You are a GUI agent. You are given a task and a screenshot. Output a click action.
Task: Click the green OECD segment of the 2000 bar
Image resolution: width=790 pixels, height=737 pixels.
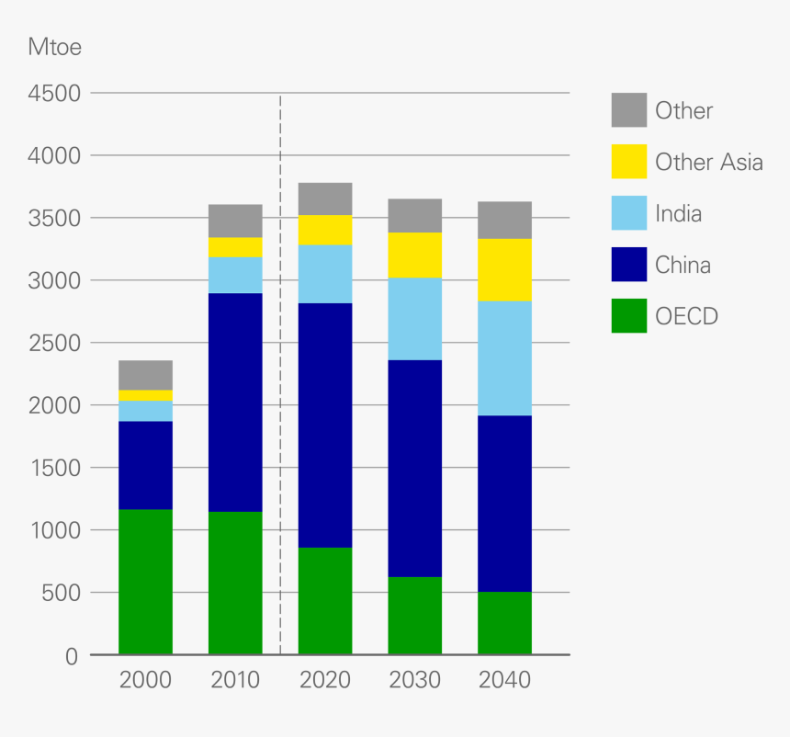[145, 582]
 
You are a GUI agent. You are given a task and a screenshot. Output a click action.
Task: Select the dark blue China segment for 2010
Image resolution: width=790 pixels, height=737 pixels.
[235, 403]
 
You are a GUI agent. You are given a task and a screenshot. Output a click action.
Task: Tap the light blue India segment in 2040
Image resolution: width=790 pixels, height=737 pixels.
[504, 358]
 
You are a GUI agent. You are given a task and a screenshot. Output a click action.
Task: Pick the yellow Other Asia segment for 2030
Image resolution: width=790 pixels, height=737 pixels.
[414, 255]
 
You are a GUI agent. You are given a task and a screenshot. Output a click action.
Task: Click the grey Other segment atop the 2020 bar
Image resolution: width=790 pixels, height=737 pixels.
[325, 198]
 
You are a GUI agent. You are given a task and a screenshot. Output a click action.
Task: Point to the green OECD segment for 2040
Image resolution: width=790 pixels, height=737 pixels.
[504, 623]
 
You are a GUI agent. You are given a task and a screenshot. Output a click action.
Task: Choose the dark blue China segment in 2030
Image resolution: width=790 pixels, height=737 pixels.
[414, 469]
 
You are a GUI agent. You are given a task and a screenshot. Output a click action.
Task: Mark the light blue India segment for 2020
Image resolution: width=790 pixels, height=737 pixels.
[325, 274]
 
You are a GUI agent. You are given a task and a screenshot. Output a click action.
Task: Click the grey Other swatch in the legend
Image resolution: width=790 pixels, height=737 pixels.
[629, 110]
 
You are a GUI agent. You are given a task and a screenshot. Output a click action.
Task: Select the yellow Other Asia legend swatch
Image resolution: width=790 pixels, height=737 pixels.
[629, 162]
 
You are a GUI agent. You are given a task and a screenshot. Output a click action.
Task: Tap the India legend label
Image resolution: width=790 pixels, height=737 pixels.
[678, 214]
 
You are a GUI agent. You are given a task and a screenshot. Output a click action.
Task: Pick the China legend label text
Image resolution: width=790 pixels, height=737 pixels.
[683, 266]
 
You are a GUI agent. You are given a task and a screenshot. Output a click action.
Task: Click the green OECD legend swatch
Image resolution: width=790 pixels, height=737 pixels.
[629, 317]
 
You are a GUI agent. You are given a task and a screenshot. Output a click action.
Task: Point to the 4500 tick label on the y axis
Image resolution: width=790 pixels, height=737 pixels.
[56, 94]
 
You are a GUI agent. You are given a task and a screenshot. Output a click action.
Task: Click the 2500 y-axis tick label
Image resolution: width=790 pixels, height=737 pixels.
[56, 343]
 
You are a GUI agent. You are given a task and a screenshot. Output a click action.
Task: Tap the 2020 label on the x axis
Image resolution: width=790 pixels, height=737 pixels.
[325, 681]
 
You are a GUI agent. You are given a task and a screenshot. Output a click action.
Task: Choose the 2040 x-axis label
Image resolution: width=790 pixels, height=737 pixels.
[504, 681]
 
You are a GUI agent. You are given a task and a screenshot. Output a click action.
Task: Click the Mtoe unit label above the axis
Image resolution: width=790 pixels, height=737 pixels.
[55, 47]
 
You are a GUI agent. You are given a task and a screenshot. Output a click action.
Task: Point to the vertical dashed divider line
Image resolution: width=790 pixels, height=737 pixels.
[280, 368]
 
